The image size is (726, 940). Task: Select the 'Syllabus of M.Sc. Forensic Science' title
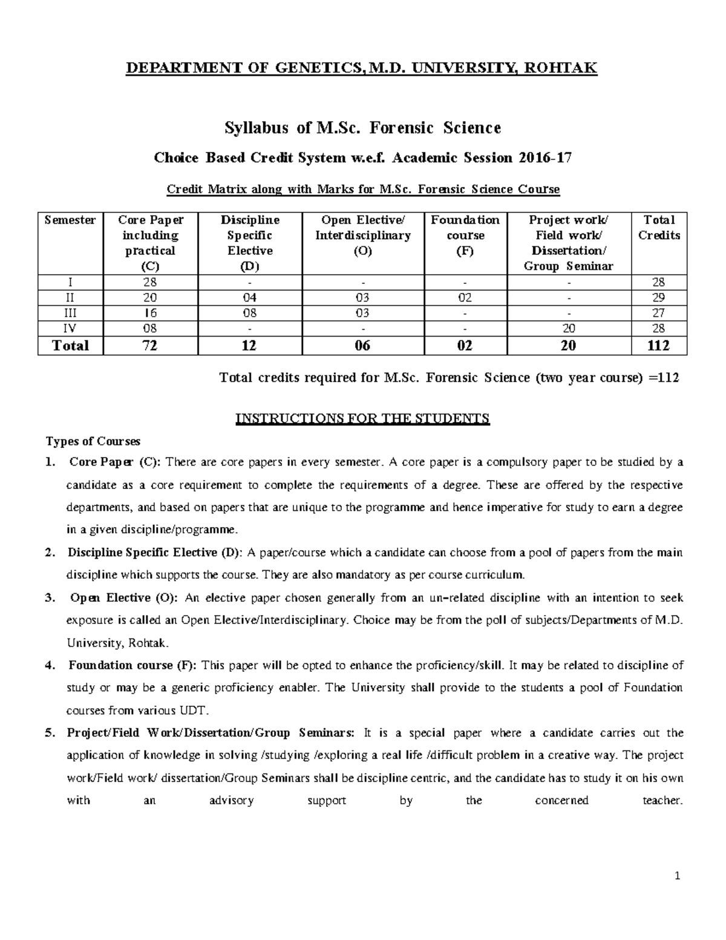[x=362, y=128]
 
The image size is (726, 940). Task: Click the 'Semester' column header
[x=70, y=220]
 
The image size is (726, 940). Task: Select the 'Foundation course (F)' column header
[x=465, y=235]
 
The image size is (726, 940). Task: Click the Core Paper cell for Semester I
[x=150, y=282]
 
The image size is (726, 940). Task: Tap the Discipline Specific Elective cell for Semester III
[x=249, y=313]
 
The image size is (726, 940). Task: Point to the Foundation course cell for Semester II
[x=465, y=298]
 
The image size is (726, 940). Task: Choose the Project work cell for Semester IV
[x=568, y=329]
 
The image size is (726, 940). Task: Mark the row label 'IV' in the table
[x=70, y=329]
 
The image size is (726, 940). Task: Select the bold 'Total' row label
[x=70, y=346]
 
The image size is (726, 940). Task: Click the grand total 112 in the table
[x=658, y=346]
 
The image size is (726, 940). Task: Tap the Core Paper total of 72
[x=150, y=346]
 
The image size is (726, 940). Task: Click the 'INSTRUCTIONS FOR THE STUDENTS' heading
[x=362, y=418]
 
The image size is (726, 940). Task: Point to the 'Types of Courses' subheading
[x=93, y=441]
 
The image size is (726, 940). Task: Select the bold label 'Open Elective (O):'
[x=124, y=598]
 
